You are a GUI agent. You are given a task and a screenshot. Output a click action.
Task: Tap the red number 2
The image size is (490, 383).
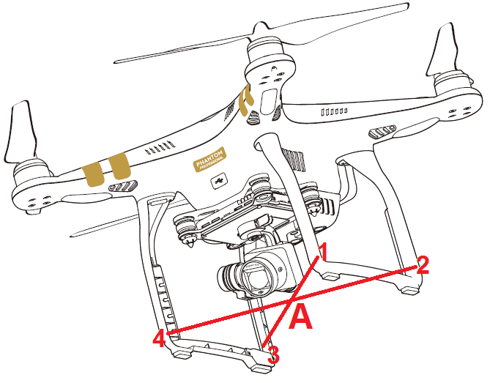click(x=422, y=264)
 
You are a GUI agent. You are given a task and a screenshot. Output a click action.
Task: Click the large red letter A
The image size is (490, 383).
click(x=302, y=319)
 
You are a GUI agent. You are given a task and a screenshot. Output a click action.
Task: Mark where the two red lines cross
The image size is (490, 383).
click(x=292, y=300)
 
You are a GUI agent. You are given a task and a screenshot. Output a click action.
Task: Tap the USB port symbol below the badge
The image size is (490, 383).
click(x=218, y=178)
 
